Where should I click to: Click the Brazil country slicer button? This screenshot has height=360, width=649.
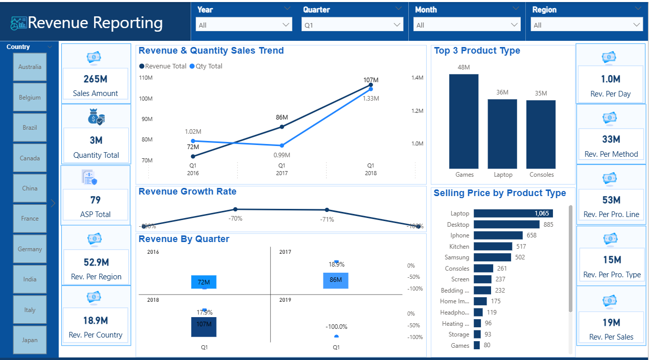tap(30, 128)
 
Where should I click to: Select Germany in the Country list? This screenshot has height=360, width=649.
tap(30, 249)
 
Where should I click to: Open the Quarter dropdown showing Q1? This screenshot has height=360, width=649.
tap(352, 25)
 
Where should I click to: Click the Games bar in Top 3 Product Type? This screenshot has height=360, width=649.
tap(464, 122)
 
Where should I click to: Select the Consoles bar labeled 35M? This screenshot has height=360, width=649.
tap(541, 134)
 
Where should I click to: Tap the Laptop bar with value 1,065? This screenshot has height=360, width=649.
tap(513, 213)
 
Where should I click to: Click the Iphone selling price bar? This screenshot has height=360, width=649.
tap(498, 235)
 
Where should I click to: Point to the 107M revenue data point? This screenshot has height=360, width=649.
tap(370, 85)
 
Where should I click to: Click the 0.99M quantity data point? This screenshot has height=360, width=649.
tap(282, 146)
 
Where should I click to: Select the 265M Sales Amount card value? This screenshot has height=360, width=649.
tap(96, 79)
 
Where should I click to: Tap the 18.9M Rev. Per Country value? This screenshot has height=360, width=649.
tap(96, 321)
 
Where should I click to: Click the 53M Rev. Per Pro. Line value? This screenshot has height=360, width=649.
tap(611, 200)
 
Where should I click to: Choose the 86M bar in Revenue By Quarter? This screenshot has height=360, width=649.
tap(336, 280)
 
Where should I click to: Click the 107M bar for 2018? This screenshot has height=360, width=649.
tap(204, 327)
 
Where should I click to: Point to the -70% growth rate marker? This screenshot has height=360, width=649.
tap(235, 209)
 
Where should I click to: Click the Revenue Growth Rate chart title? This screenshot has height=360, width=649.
tap(188, 191)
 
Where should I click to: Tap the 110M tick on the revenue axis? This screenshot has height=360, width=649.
tap(146, 78)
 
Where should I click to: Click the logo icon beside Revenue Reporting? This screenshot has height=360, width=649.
tap(19, 23)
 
